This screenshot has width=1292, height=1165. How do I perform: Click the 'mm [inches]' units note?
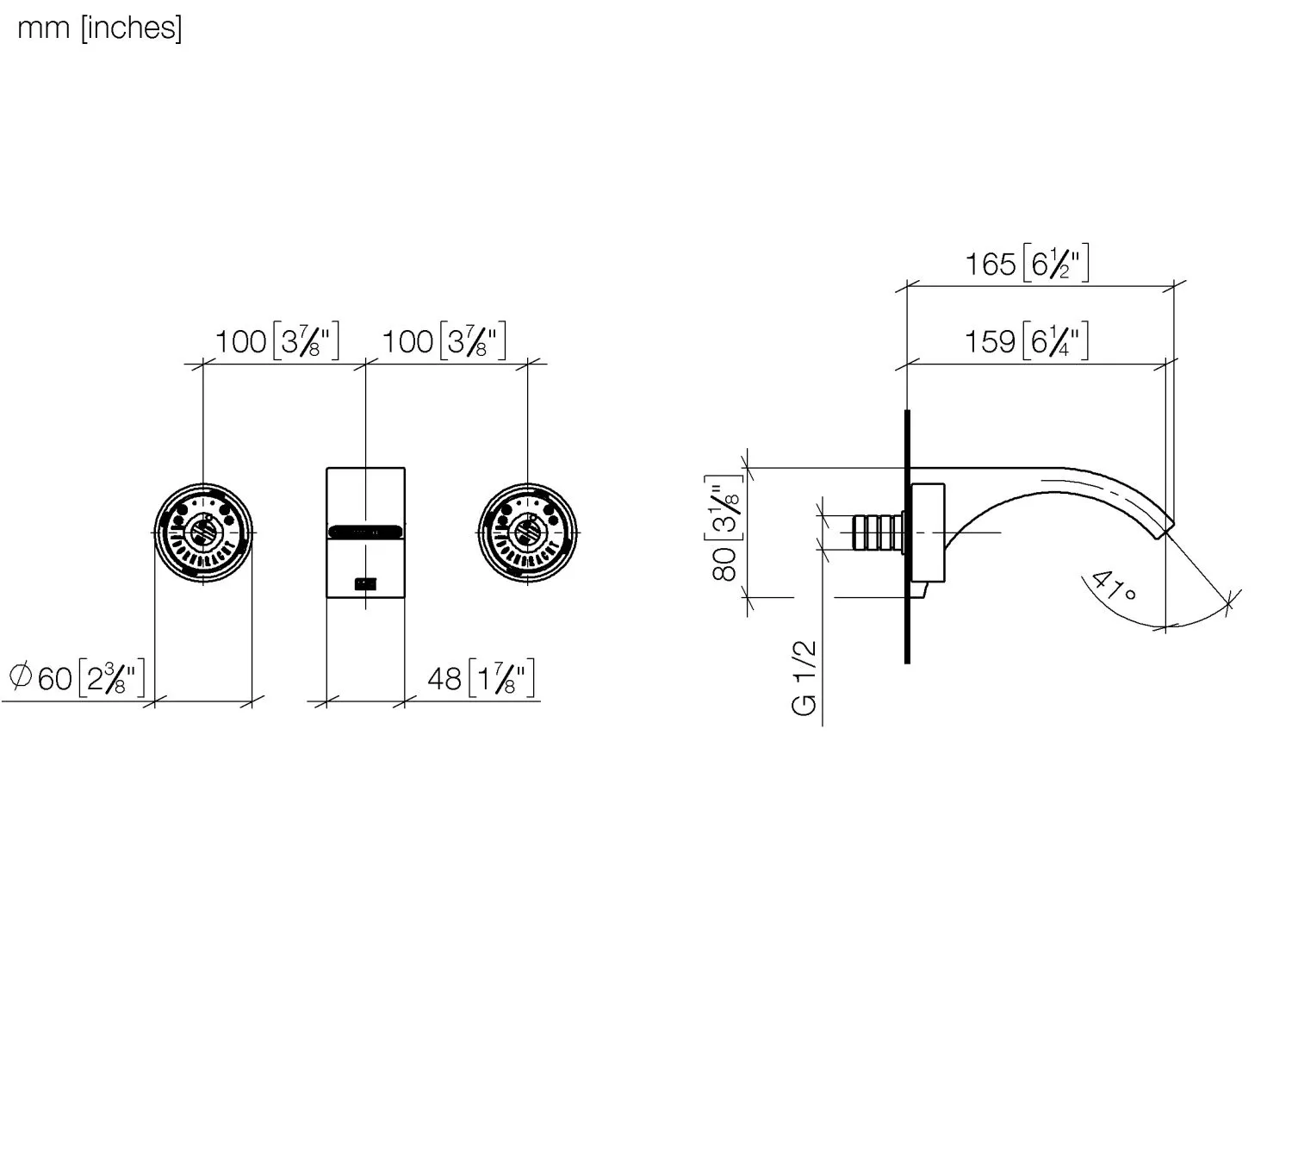click(x=99, y=28)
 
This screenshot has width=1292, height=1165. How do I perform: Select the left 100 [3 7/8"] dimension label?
click(x=276, y=341)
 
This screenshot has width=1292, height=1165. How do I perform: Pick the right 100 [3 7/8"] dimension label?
click(x=444, y=341)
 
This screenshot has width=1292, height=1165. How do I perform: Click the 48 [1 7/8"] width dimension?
click(x=481, y=678)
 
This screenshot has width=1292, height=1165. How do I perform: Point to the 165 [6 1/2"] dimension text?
click(x=1026, y=263)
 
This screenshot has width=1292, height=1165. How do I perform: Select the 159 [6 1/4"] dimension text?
click(x=1026, y=341)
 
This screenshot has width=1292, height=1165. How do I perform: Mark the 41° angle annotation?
click(x=1113, y=587)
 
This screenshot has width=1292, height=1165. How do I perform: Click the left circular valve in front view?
click(x=203, y=533)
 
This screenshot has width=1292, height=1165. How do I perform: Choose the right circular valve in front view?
click(x=527, y=533)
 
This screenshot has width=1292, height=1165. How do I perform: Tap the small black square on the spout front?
click(x=366, y=584)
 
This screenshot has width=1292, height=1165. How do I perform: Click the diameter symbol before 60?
click(x=20, y=676)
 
